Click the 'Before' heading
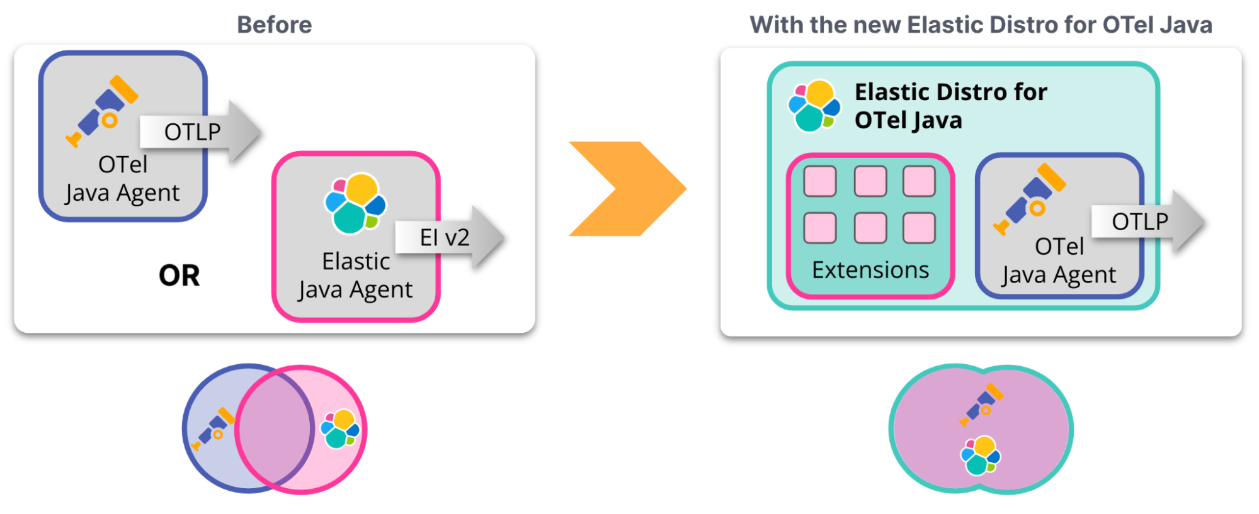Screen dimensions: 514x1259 274,25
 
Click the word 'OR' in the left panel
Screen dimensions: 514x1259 179,276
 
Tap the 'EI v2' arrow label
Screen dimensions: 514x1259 445,238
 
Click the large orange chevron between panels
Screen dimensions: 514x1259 627,189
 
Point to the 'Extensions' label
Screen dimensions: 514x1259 870,270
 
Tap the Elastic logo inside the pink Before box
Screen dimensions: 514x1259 355,203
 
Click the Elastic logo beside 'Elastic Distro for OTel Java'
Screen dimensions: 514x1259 814,106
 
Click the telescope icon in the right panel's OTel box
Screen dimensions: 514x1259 1030,198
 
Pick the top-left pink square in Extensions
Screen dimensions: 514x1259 820,182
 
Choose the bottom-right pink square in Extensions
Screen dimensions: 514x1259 919,228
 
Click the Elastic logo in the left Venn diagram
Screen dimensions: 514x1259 340,429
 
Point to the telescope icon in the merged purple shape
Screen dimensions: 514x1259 981,405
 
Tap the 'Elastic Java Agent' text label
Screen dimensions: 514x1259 356,276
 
